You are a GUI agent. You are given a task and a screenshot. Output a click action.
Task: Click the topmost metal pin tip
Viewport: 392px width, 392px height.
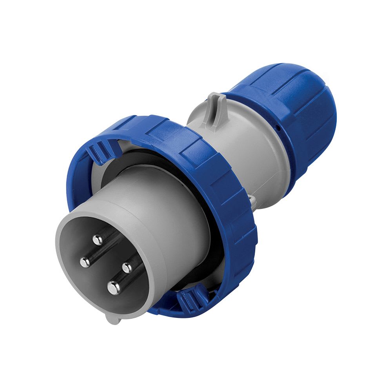97,239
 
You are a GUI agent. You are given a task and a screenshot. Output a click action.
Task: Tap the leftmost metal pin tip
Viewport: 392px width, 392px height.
85,262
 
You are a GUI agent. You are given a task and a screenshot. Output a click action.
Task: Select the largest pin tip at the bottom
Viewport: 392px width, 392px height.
114,288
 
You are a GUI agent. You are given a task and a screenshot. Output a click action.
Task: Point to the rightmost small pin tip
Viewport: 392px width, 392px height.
127,268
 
